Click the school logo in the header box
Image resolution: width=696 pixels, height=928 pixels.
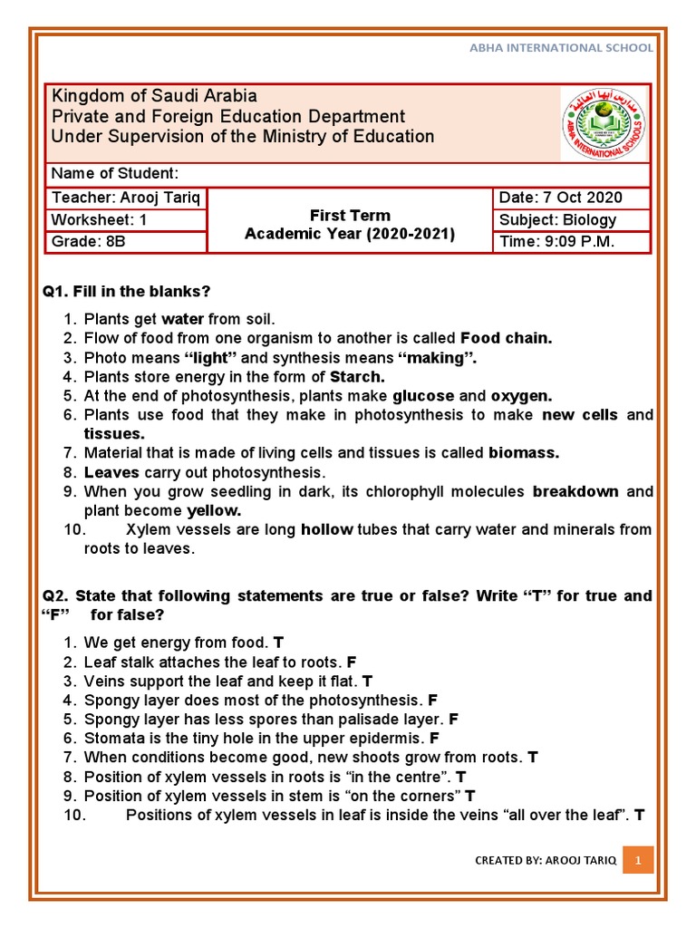pos(604,124)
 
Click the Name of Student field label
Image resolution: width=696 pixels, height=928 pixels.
pos(114,174)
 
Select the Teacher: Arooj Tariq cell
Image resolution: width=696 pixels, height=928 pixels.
pos(127,198)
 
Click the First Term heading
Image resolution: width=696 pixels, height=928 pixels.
pos(350,215)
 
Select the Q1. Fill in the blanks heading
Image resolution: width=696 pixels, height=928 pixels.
pos(126,291)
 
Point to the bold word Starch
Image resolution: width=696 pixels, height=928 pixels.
pos(357,376)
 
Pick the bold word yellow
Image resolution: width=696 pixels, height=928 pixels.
pos(214,510)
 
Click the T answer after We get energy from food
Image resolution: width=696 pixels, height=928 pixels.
pos(279,643)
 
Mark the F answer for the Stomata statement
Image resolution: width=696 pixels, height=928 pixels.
pos(435,738)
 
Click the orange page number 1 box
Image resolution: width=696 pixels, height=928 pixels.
pos(638,860)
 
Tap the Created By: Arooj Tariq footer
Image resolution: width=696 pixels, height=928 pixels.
pos(546,861)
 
